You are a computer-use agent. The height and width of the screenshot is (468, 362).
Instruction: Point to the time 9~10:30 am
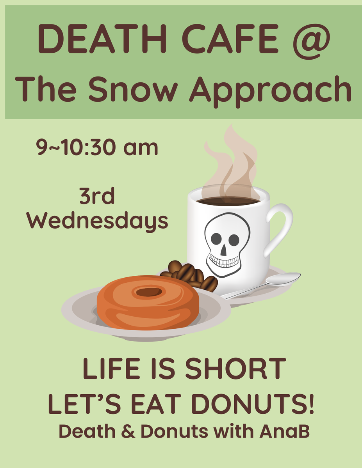coord(98,148)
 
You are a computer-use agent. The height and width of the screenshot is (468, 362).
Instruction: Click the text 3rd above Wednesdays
coord(97,197)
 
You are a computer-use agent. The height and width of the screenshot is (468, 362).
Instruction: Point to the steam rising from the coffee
coord(232,164)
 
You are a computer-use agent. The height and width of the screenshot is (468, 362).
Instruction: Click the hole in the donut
coord(148,291)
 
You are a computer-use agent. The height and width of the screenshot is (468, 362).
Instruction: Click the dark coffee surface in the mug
coord(228,201)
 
